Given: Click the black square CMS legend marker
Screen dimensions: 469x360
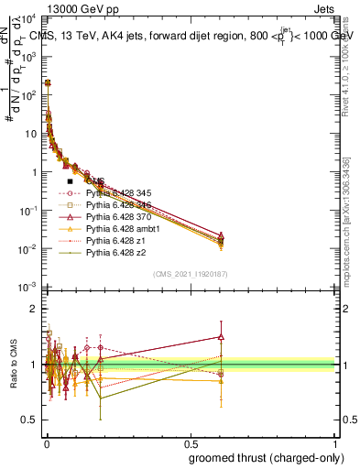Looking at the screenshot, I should (x=70, y=181).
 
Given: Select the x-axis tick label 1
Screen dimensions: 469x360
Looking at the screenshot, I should (x=335, y=442).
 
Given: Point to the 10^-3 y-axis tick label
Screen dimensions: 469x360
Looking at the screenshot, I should (x=27, y=288).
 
